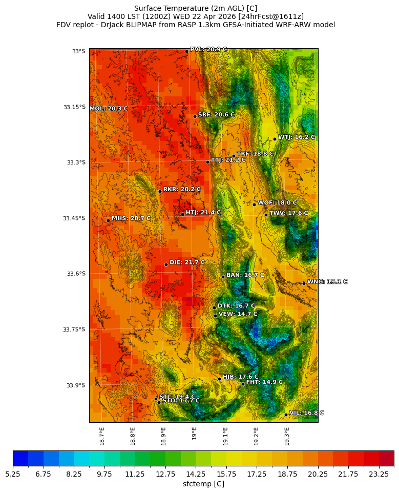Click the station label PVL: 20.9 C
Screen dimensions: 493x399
pos(208,50)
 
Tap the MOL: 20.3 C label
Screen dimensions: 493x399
pos(109,109)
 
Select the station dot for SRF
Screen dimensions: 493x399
pos(195,116)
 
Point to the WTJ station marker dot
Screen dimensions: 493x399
pos(275,139)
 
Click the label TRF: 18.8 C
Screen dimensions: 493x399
pos(255,154)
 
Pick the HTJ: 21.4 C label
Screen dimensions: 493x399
pos(203,212)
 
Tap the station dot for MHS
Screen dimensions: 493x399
pos(108,220)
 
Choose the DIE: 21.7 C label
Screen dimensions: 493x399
pos(187,262)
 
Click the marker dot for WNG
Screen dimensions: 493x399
pos(304,283)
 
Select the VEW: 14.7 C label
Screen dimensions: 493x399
pos(238,314)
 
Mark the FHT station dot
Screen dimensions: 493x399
pos(243,384)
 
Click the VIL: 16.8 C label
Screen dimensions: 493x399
pos(307,413)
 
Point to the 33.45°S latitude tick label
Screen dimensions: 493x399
pos(74,218)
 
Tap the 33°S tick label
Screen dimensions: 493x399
pos(78,51)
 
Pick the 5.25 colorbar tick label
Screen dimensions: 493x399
pos(13,475)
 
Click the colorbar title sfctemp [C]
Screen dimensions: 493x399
pos(203,484)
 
